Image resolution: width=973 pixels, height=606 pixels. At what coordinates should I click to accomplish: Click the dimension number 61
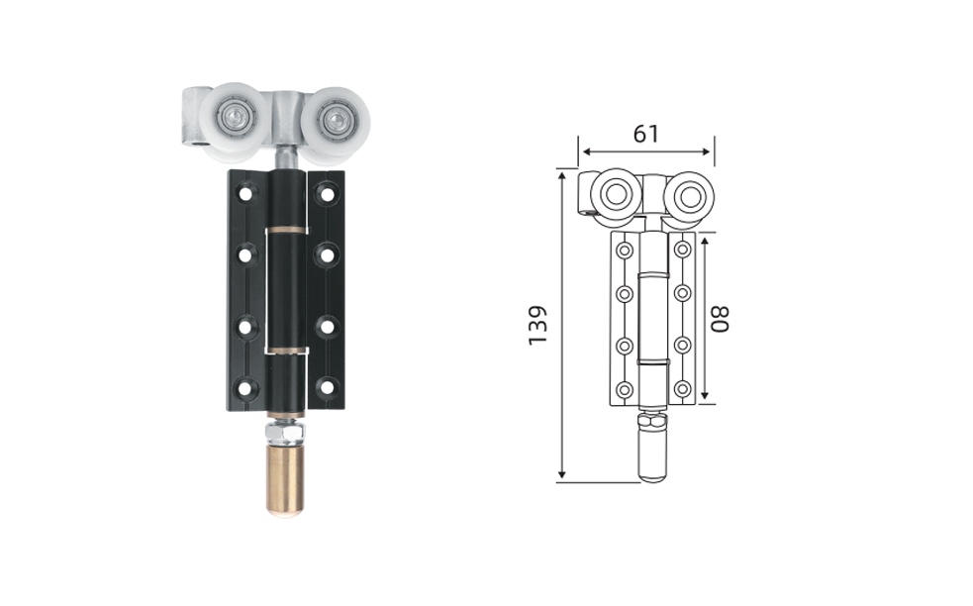[x=646, y=134]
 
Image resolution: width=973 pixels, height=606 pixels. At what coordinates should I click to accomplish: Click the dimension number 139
[x=537, y=325]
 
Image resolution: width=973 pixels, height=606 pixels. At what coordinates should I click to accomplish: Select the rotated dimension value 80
[x=719, y=319]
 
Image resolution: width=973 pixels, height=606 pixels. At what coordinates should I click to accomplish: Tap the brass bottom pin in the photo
[x=285, y=479]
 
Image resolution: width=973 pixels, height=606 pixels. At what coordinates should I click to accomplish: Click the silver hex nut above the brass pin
[x=285, y=431]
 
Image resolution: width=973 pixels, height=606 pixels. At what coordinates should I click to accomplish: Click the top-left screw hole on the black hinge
[x=246, y=192]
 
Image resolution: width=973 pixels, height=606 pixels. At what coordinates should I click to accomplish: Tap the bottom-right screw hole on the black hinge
[x=326, y=387]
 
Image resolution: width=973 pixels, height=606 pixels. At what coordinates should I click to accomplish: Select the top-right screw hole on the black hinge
[x=326, y=194]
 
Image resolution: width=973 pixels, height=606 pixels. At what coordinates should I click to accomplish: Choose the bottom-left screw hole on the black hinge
[x=246, y=389]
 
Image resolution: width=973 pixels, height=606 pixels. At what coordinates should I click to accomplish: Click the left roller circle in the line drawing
[x=616, y=194]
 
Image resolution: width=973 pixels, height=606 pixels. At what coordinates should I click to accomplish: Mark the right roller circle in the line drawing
[x=688, y=197]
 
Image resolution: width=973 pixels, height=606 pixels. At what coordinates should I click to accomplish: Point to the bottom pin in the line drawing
[x=653, y=454]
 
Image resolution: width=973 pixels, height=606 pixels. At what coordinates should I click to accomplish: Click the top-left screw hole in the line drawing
[x=625, y=251]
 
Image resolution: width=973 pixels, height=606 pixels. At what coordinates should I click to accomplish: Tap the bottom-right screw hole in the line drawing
[x=683, y=389]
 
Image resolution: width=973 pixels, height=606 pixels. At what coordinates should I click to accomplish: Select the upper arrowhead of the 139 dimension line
[x=561, y=176]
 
